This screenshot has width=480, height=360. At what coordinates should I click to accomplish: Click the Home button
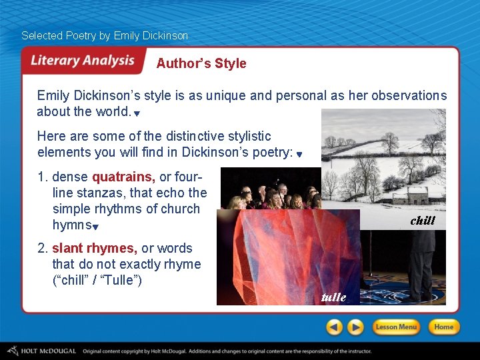pyautogui.click(x=443, y=327)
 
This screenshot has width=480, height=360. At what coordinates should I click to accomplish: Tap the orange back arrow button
pyautogui.click(x=335, y=327)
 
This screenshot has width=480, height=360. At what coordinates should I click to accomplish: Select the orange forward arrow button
pyautogui.click(x=356, y=327)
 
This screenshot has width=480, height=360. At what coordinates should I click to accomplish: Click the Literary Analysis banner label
pyautogui.click(x=83, y=61)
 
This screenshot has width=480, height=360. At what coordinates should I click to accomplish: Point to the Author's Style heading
pyautogui.click(x=201, y=64)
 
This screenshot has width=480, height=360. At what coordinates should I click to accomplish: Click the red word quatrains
pyautogui.click(x=123, y=177)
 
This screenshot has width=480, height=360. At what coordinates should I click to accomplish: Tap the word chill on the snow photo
pyautogui.click(x=423, y=221)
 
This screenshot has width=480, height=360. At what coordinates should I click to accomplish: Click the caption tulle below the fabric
pyautogui.click(x=333, y=297)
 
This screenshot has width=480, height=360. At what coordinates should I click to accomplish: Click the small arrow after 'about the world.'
pyautogui.click(x=137, y=114)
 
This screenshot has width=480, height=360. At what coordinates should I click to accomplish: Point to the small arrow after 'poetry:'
pyautogui.click(x=299, y=155)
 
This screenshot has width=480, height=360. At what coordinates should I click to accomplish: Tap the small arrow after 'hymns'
pyautogui.click(x=96, y=227)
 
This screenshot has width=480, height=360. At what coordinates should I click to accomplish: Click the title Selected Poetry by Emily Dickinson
pyautogui.click(x=105, y=35)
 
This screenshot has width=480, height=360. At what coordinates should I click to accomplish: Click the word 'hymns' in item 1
pyautogui.click(x=71, y=225)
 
